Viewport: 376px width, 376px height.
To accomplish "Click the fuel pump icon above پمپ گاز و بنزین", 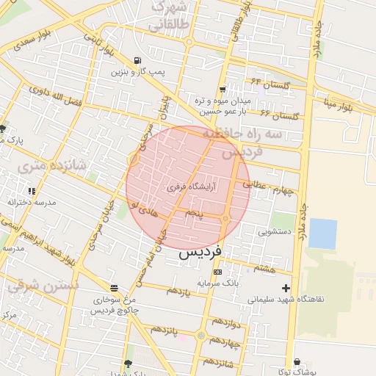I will coord(137,60).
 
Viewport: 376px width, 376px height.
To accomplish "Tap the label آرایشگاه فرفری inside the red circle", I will coord(193,187).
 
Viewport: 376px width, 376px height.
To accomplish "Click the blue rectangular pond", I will coord(322,233).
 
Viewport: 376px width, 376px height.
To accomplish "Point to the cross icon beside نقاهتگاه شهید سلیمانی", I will coord(286,288).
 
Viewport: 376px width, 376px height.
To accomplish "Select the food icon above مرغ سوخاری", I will coord(113,288).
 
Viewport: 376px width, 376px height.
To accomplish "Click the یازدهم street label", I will coord(178,292).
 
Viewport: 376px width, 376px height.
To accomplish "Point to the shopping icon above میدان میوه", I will coord(222,90).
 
